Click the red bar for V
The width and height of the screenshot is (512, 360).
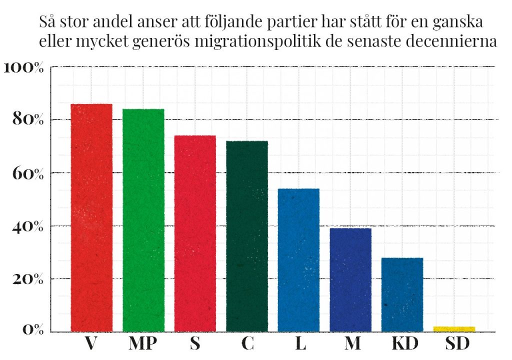(x=91, y=217)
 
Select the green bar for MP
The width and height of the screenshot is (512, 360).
(x=143, y=220)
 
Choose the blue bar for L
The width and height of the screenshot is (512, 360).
(x=298, y=260)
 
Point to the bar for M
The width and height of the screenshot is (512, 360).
(x=350, y=280)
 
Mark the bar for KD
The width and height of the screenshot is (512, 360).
(x=402, y=294)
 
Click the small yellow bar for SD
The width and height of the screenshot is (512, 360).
(x=454, y=328)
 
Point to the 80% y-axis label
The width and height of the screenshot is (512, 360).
(x=28, y=120)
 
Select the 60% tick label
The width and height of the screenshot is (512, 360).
(x=28, y=174)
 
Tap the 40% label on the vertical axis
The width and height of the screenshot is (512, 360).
(x=28, y=226)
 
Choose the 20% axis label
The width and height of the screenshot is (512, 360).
(x=28, y=279)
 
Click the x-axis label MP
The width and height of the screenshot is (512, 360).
(x=143, y=345)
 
